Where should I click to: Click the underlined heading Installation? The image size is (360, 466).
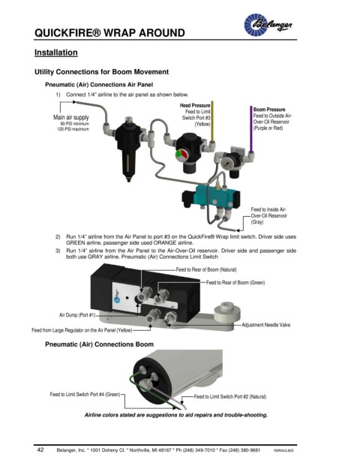(x=55, y=53)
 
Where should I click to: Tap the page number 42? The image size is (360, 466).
(x=40, y=449)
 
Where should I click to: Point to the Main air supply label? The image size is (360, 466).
(x=71, y=117)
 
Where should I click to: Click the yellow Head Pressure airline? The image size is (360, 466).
(x=212, y=122)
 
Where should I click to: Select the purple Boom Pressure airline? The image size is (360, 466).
(x=251, y=129)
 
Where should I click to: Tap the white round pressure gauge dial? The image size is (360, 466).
(x=226, y=164)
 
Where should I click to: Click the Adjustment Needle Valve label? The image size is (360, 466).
(x=265, y=325)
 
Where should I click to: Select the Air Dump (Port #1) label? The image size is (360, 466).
(x=77, y=315)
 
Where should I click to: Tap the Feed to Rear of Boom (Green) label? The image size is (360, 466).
(x=235, y=282)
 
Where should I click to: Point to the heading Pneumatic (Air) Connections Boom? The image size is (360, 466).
(x=99, y=344)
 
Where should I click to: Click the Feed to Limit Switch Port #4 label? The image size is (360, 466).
(x=85, y=395)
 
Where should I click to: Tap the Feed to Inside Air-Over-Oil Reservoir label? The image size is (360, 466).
(x=268, y=216)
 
